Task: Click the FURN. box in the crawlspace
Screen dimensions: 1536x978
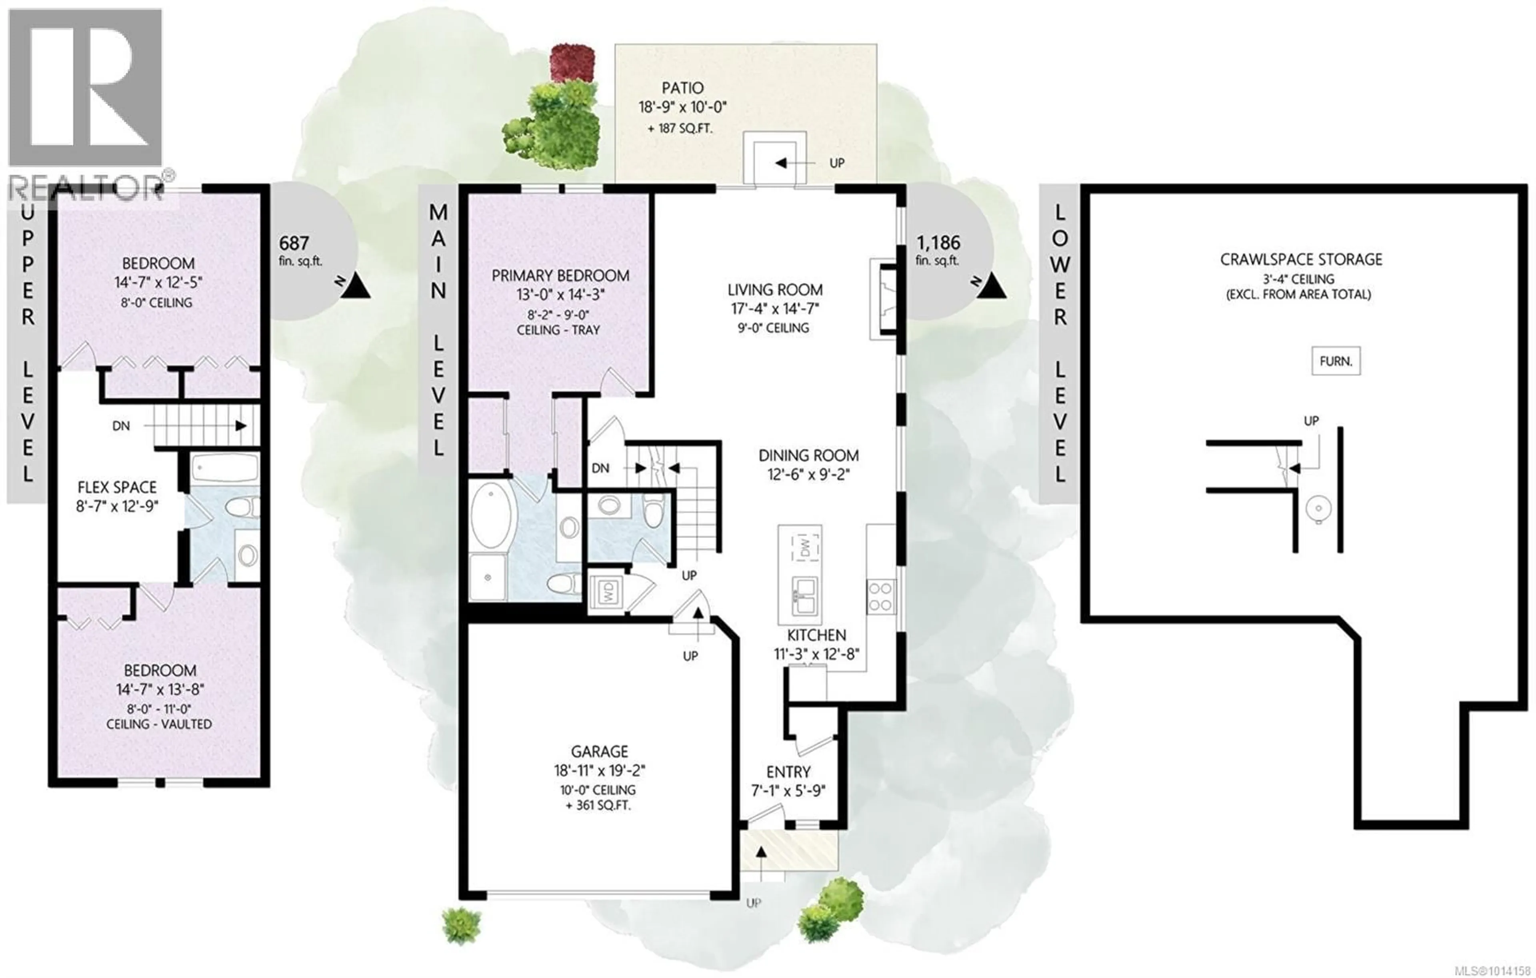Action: tap(1336, 361)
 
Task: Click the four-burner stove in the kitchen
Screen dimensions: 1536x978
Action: tap(881, 597)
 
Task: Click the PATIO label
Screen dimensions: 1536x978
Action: tap(682, 88)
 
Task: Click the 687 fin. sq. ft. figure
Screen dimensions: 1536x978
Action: tap(300, 251)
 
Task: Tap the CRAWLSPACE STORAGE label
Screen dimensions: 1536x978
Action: tap(1301, 259)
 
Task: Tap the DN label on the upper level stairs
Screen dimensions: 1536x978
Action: tap(121, 426)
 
